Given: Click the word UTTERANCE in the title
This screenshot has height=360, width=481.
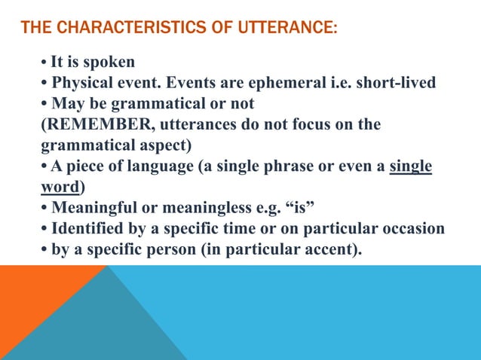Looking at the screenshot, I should click(x=286, y=29).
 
